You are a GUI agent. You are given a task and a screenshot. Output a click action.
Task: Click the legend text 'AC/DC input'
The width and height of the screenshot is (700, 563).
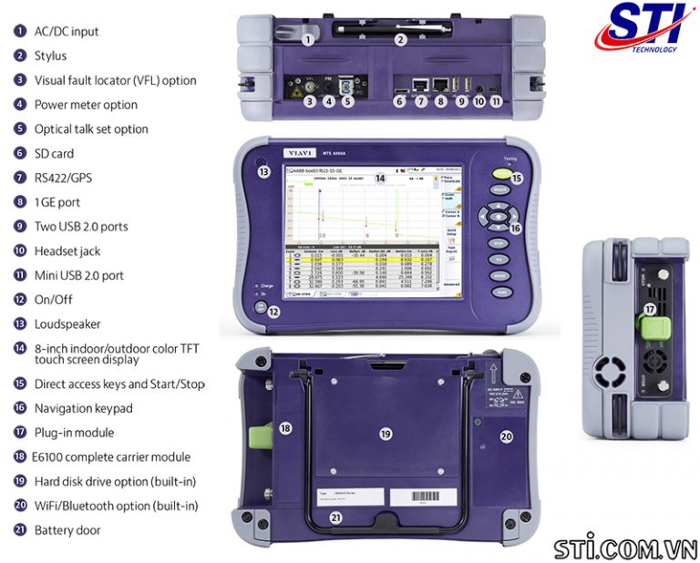[67, 31]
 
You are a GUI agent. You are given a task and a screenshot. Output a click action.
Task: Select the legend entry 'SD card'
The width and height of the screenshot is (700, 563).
[54, 153]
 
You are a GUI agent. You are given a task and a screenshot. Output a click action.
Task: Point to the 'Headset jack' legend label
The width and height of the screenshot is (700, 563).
[67, 251]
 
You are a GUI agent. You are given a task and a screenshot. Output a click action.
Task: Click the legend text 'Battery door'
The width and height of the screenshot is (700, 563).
[67, 529]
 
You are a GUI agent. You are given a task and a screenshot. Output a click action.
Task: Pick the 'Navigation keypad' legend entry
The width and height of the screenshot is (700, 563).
[83, 408]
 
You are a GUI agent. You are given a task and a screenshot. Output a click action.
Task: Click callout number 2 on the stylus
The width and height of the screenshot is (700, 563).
[399, 39]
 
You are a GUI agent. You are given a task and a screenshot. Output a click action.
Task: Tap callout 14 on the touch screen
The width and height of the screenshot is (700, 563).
[380, 179]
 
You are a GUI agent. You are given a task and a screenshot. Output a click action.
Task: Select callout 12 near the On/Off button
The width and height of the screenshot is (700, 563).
[273, 312]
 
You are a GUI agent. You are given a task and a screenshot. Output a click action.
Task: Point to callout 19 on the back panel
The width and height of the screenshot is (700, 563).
[385, 435]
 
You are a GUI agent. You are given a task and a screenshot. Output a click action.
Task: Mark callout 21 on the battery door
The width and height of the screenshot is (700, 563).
[337, 517]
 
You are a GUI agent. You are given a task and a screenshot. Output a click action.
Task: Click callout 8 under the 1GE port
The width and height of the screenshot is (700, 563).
[441, 101]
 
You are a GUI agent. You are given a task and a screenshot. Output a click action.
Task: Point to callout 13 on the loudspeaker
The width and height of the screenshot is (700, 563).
[263, 171]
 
